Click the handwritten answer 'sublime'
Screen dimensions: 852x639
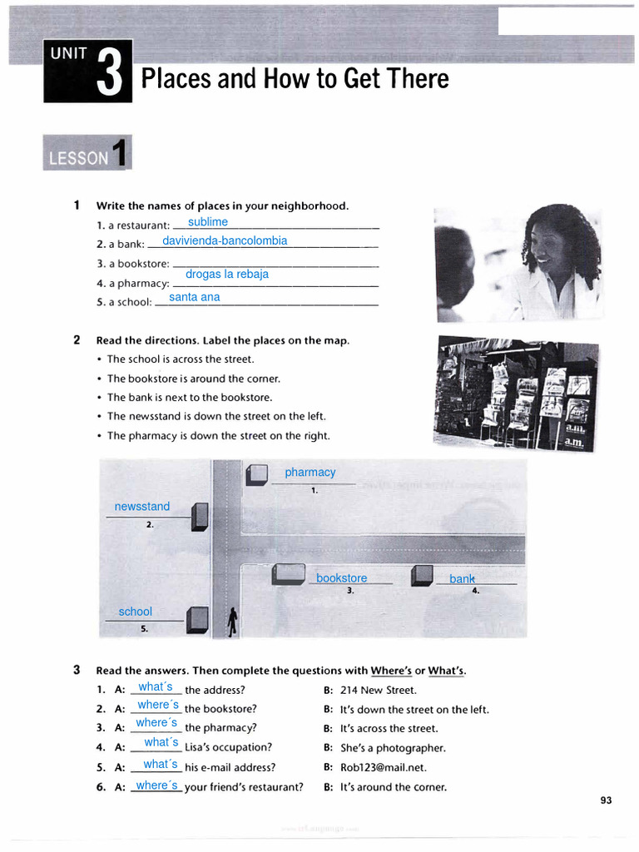coord(208,222)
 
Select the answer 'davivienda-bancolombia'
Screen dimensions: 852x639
coord(225,240)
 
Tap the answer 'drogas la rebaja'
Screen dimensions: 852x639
coord(226,274)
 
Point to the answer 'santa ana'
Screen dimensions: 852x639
coord(194,297)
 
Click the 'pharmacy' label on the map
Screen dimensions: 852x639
coord(310,473)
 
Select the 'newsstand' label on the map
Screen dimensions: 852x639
coord(141,507)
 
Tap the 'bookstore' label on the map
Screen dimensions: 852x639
coord(341,578)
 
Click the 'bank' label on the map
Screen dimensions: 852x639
coord(462,579)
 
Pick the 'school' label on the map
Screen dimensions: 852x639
coord(135,612)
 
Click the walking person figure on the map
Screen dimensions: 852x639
coord(233,621)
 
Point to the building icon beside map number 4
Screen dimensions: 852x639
coord(423,574)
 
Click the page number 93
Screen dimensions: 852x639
coord(605,800)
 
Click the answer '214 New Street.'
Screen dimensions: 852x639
coord(379,690)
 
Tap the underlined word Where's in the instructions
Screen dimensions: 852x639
coord(391,671)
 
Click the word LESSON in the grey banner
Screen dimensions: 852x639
coord(78,158)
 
